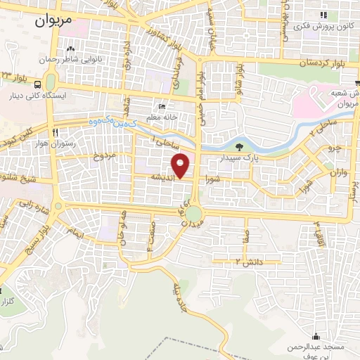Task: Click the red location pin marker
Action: pos(181,165)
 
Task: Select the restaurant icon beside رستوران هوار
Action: pos(55,131)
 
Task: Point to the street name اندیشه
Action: pos(160,179)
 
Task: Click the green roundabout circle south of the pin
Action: pos(194,213)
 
